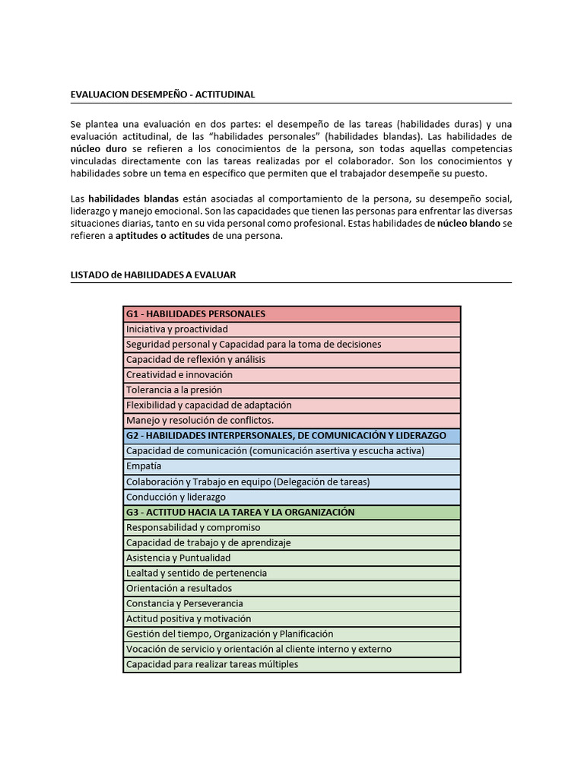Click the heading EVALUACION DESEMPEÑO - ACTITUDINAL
(163, 94)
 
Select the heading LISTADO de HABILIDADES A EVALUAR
(153, 275)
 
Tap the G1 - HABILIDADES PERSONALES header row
(292, 313)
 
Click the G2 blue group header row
(292, 436)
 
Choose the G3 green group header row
(292, 512)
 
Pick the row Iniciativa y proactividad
(292, 329)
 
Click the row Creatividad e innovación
(292, 375)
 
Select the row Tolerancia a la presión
(292, 390)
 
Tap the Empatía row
(292, 466)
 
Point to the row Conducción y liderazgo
(292, 497)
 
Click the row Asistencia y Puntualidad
(292, 558)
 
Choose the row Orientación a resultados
(292, 588)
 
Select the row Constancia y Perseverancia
(292, 603)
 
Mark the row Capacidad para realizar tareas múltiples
(292, 664)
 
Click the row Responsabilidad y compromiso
(292, 527)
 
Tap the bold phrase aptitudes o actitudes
(163, 236)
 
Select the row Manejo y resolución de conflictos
(292, 421)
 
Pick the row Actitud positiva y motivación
(292, 618)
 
